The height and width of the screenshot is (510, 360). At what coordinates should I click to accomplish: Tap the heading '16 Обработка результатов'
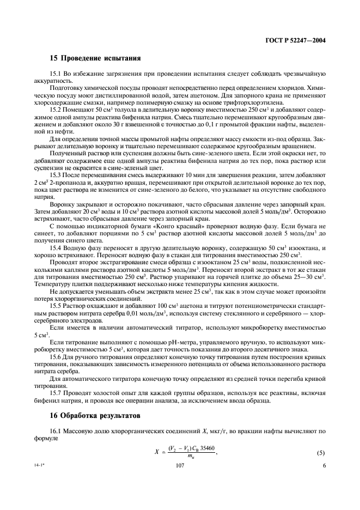pos(95,416)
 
